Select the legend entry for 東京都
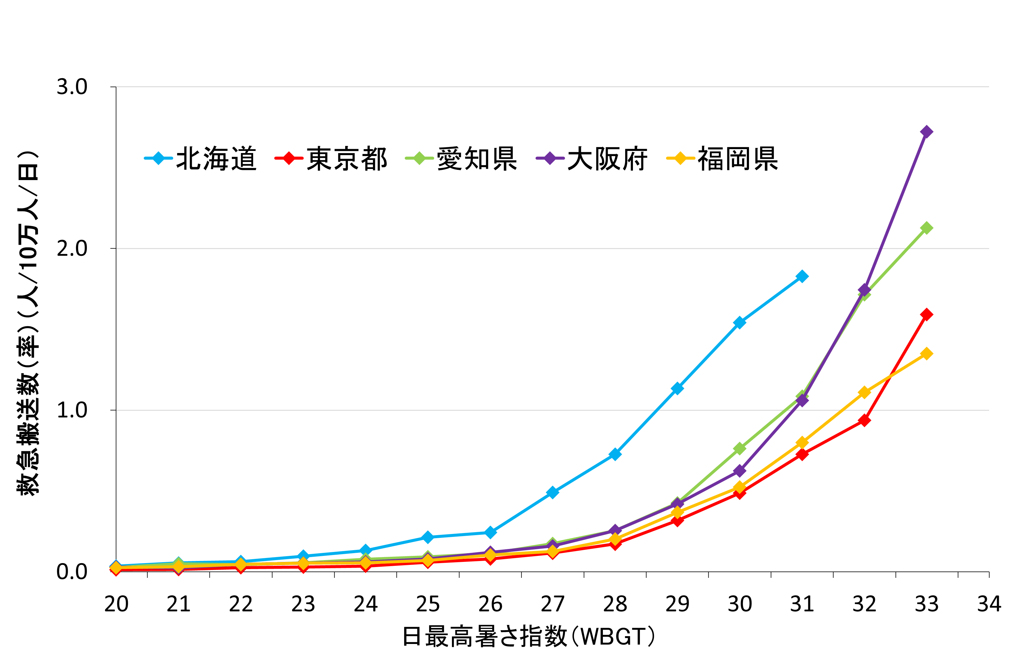(331, 159)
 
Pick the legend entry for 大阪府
(592, 159)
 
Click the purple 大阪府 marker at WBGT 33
(927, 132)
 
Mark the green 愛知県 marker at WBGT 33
(927, 228)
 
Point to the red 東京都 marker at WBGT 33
(927, 314)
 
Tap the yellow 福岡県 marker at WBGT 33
(927, 354)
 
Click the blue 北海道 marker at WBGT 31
(802, 276)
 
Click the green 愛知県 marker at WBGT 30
(740, 449)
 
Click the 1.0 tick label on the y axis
(72, 410)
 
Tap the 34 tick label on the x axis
(989, 604)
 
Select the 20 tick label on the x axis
(116, 604)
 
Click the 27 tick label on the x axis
(553, 604)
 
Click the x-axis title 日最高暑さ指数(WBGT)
(528, 636)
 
